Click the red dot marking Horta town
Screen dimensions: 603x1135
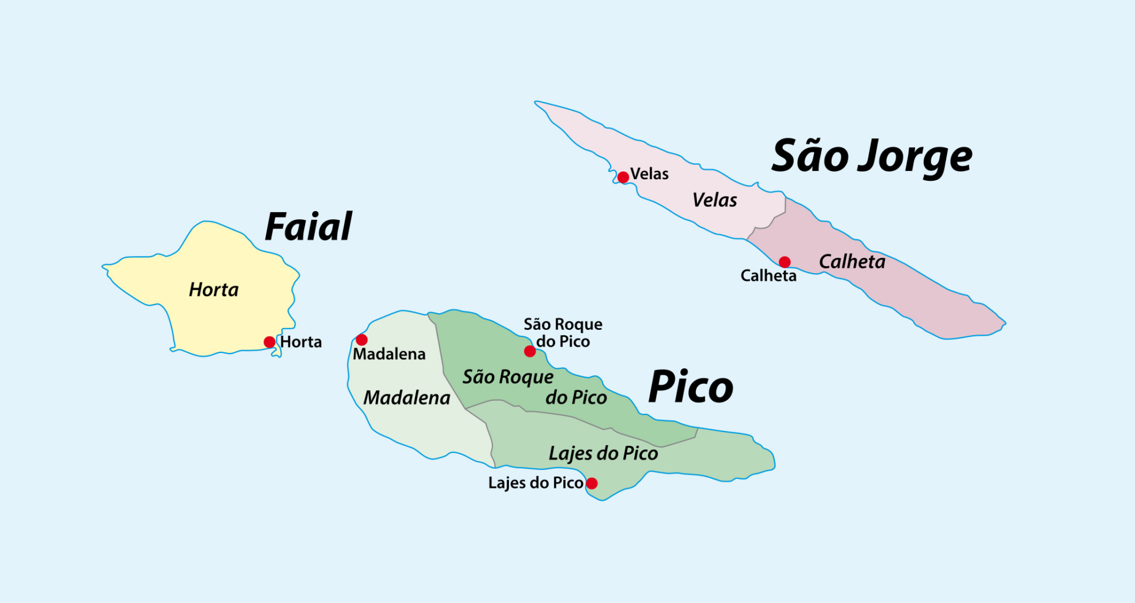tap(270, 342)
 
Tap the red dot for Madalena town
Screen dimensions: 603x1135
tap(362, 339)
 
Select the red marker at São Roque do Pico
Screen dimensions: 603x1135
tap(530, 351)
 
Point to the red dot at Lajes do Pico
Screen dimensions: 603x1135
tap(592, 483)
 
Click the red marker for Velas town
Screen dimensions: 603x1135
tap(623, 177)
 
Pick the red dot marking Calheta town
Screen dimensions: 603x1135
tap(784, 262)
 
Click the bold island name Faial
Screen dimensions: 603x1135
tap(308, 227)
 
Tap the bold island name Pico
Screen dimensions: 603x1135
tap(690, 388)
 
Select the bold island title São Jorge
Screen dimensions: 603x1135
tap(872, 157)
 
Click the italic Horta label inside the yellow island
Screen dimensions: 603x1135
tap(213, 290)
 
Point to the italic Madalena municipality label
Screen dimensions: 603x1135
tap(407, 398)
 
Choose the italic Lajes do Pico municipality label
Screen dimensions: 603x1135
tap(603, 453)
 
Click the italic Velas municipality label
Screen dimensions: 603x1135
tap(715, 200)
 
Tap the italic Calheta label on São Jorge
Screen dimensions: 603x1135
tap(852, 262)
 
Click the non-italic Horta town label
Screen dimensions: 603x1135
tap(301, 342)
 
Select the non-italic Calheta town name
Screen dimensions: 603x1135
tap(768, 275)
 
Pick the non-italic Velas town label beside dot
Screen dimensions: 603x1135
tap(649, 174)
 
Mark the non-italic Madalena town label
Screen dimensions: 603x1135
tap(389, 354)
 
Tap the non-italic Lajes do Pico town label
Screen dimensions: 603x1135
tap(536, 483)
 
